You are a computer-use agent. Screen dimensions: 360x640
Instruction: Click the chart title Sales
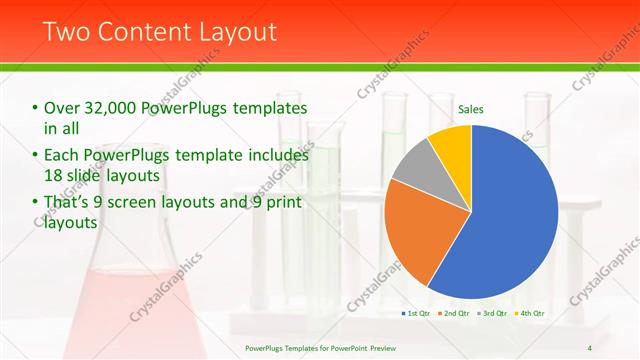pos(471,109)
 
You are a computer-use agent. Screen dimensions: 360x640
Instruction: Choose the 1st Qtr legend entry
pos(417,313)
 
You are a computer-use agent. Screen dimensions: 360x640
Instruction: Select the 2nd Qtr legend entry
pos(454,313)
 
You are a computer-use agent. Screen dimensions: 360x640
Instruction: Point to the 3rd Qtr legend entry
pos(491,313)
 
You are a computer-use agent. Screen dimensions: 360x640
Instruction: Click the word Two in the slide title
pos(65,31)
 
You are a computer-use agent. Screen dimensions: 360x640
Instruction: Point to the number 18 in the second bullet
pos(54,176)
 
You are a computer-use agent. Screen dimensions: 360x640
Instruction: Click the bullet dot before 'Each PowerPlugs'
pos(35,156)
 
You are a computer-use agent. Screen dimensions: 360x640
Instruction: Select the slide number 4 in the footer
pos(589,348)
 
